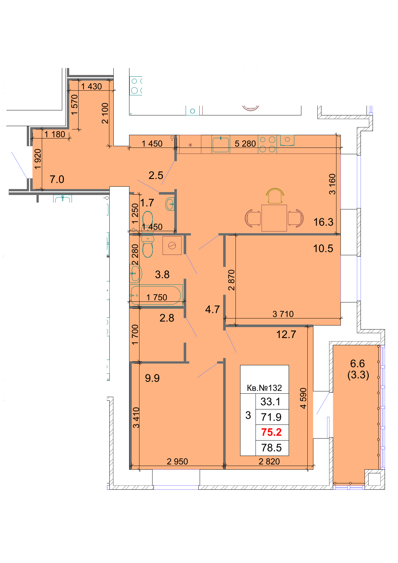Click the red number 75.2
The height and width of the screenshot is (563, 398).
click(x=271, y=432)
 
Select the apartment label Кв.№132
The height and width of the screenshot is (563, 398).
click(x=264, y=388)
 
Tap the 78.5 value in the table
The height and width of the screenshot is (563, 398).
click(x=271, y=448)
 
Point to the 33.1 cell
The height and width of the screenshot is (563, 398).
click(x=270, y=401)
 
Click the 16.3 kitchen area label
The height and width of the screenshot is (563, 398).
click(x=323, y=222)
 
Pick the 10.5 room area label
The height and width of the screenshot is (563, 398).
click(x=323, y=248)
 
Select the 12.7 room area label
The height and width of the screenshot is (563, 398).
click(x=286, y=334)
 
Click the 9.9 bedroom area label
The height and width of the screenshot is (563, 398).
click(x=152, y=378)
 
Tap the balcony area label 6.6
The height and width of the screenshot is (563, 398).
click(x=358, y=363)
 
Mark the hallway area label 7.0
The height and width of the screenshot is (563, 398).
click(x=57, y=179)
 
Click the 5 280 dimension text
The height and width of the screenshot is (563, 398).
click(x=245, y=144)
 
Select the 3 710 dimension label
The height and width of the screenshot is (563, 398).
click(x=283, y=314)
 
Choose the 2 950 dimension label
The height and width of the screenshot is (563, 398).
click(x=177, y=461)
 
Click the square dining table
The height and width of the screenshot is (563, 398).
click(x=274, y=218)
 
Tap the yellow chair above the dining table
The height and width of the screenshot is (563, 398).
click(x=275, y=196)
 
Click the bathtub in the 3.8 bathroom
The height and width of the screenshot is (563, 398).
click(x=156, y=295)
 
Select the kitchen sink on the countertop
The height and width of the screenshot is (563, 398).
click(x=221, y=144)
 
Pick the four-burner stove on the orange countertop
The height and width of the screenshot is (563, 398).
click(x=267, y=144)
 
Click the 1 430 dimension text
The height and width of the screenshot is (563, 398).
click(x=91, y=86)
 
